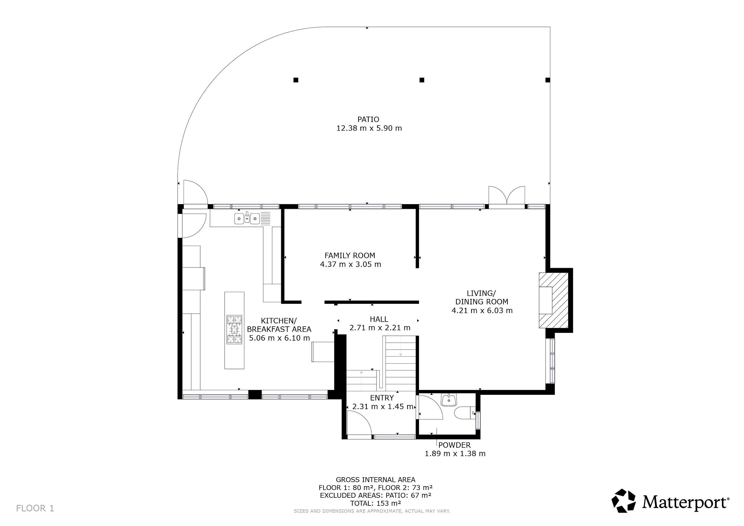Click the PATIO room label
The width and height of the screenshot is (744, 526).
pos(368,120)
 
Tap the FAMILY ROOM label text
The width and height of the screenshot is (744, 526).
pos(350,256)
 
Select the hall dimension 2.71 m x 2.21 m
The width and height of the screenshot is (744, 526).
pos(380,328)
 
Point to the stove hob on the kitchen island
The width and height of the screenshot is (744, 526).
pos(234,330)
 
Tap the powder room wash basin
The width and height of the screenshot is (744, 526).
pos(449,400)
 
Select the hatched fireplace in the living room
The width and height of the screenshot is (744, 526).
pos(554,300)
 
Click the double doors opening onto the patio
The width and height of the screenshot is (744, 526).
pos(507,196)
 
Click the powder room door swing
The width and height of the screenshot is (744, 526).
pos(431,408)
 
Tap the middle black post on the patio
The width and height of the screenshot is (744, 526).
pos(422,80)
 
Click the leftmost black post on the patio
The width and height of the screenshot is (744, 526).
pos(296,80)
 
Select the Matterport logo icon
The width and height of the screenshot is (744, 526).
pos(623,501)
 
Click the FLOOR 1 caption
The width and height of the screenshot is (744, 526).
pos(35,508)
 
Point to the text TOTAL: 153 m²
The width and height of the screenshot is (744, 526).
pos(376,503)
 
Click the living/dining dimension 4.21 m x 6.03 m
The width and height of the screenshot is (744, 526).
pos(482,311)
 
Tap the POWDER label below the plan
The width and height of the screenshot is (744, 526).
pos(454,445)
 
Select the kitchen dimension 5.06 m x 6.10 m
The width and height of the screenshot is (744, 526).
pos(279,338)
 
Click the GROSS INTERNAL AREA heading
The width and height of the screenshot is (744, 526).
pos(376,480)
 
